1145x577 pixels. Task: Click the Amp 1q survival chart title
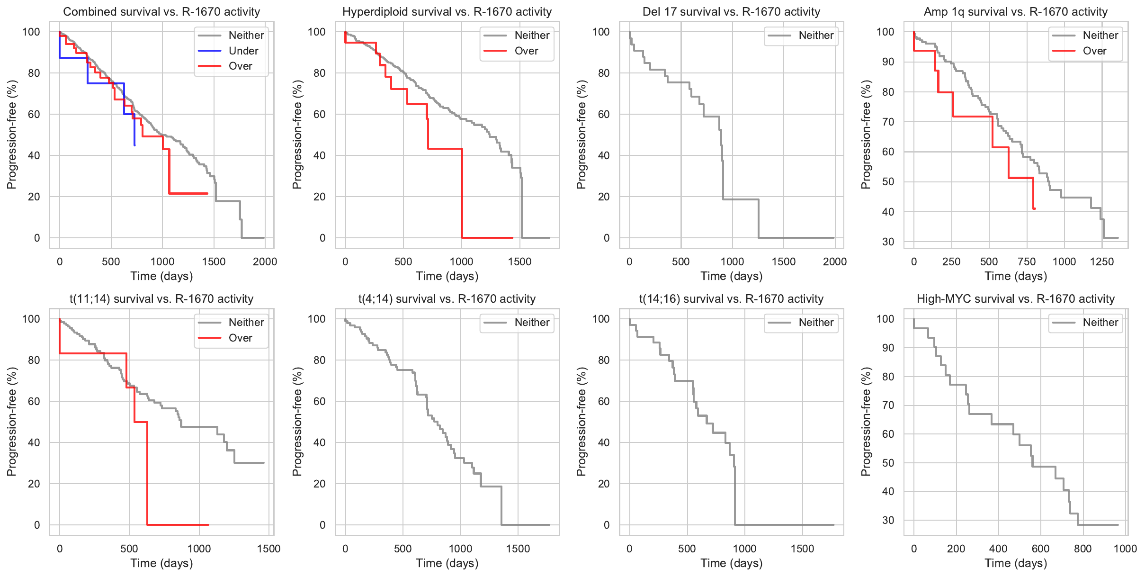1015,11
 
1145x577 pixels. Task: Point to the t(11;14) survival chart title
161,298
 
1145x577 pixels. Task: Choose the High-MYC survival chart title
1015,298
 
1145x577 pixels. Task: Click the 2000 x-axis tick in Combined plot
265,261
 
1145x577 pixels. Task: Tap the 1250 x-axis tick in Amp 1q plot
1101,261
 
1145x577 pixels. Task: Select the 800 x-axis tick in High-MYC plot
1082,549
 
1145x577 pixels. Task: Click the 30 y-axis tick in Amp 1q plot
888,242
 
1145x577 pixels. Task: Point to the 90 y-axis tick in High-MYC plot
888,348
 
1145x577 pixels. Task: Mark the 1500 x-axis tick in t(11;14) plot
268,549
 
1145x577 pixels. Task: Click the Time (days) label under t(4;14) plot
447,563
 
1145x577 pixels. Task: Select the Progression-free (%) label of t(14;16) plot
581,422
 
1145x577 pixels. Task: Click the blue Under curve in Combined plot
105,83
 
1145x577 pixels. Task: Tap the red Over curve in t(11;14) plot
147,474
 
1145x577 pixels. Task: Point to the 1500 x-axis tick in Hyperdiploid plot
519,261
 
